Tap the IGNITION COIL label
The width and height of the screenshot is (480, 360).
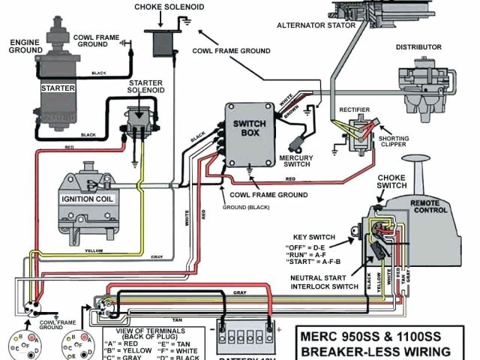[88, 200]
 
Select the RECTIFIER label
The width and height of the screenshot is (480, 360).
[355, 108]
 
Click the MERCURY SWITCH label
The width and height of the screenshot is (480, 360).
[295, 161]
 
